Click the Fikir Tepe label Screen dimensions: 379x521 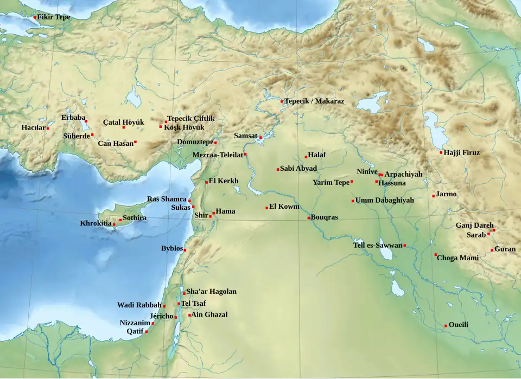pos(54,17)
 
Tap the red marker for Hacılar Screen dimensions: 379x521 pos(48,129)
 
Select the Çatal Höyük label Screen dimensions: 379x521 pos(123,122)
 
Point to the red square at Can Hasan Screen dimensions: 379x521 pos(135,142)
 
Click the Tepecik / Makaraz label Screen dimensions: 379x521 pos(315,101)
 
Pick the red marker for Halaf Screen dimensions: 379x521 pos(306,157)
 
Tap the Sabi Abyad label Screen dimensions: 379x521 pos(298,169)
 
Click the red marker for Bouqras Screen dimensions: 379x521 pos(309,218)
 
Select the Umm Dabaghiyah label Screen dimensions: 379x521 pos(385,200)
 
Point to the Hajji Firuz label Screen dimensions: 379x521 pos(462,152)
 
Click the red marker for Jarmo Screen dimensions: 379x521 pos(434,196)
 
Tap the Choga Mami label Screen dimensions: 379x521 pos(458,258)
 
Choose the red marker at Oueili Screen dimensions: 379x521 pos(446,326)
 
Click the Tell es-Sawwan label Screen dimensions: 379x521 pos(378,245)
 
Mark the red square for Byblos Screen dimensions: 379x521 pos(185,250)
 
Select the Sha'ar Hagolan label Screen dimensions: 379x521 pos(211,291)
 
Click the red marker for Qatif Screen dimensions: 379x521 pos(147,331)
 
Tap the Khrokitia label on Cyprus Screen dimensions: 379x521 pos(96,223)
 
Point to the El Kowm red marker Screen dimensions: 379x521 pos(266,208)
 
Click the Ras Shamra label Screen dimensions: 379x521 pos(167,200)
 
